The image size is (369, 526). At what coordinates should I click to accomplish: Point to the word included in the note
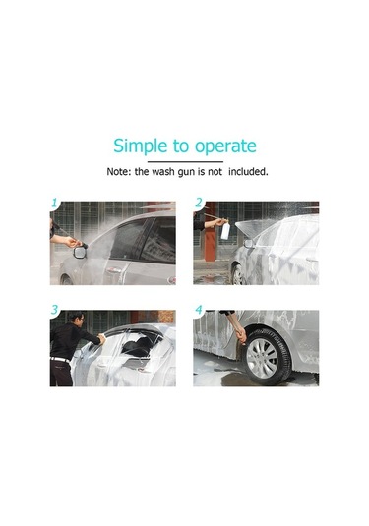tap(248, 172)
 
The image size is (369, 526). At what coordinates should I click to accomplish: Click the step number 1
tap(54, 203)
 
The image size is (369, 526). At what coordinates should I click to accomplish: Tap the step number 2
tap(199, 203)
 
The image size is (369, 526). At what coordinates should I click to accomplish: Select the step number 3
tap(55, 310)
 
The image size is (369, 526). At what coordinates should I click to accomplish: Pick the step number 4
tap(199, 310)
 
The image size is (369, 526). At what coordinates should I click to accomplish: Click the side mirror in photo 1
tap(80, 252)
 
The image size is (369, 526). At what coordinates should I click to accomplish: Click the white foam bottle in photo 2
tap(225, 230)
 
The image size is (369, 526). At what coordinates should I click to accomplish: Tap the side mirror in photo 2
tap(249, 244)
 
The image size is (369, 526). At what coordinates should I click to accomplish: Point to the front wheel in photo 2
tap(238, 274)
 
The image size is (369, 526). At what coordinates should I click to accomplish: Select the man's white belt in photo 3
tap(60, 360)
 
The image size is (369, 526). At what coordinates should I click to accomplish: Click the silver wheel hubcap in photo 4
tap(262, 358)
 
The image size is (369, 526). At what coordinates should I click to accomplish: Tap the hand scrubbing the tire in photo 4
tap(241, 335)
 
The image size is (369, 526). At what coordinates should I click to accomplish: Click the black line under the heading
tap(185, 161)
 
